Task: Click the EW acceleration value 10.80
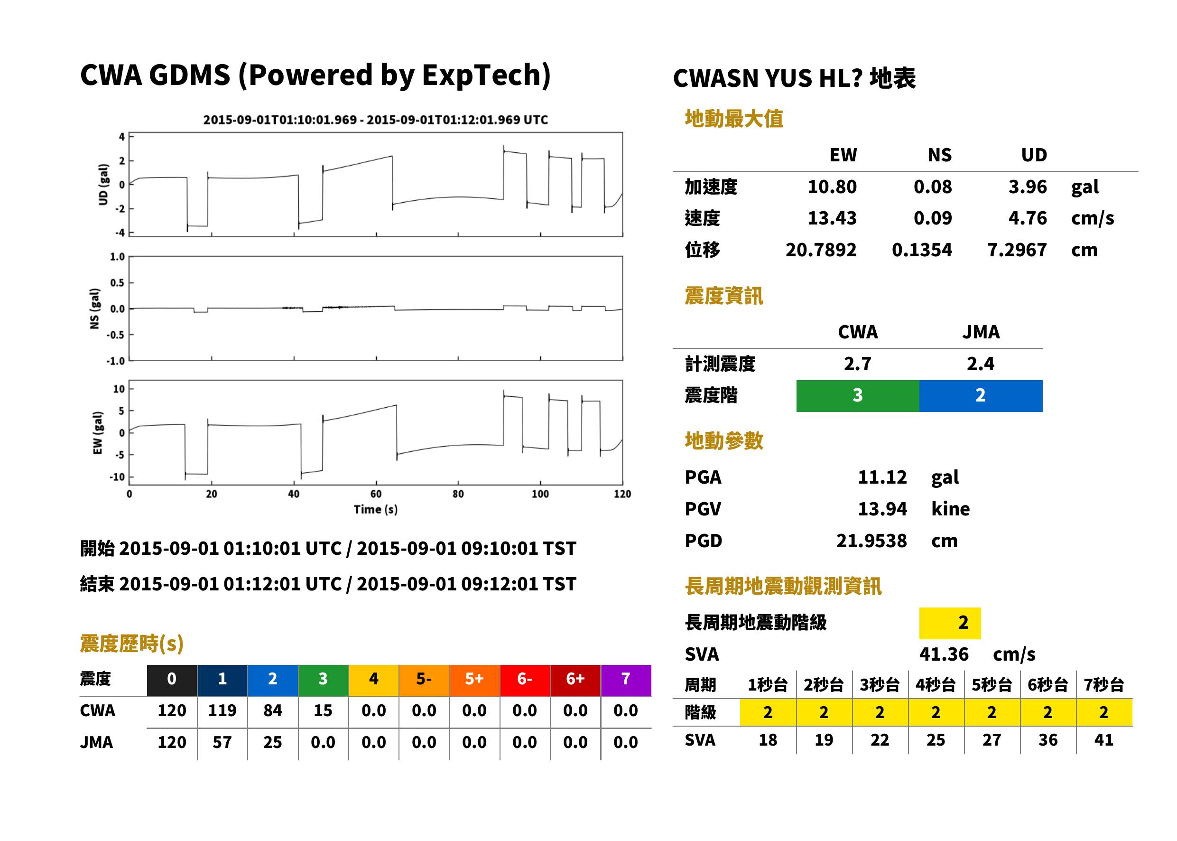pyautogui.click(x=831, y=187)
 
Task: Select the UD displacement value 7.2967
pyautogui.click(x=1017, y=250)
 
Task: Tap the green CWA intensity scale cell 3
pyautogui.click(x=857, y=396)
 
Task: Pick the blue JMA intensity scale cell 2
pyautogui.click(x=980, y=396)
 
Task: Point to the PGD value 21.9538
pyautogui.click(x=871, y=541)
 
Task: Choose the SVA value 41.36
pyautogui.click(x=943, y=654)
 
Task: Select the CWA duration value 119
pyautogui.click(x=222, y=710)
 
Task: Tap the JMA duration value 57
pyautogui.click(x=222, y=742)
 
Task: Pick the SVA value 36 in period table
pyautogui.click(x=1047, y=739)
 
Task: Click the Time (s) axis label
pyautogui.click(x=376, y=510)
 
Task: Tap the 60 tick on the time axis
pyautogui.click(x=376, y=494)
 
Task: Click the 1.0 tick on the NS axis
pyautogui.click(x=118, y=257)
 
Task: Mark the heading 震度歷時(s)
pyautogui.click(x=131, y=644)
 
